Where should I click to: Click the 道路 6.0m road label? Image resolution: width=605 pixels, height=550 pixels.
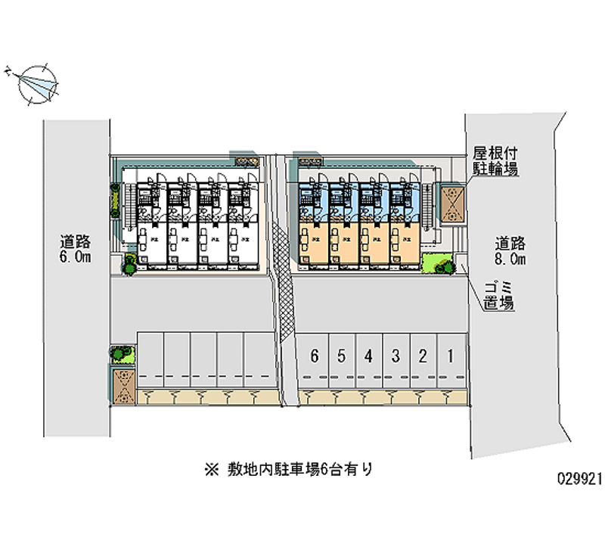click(x=76, y=250)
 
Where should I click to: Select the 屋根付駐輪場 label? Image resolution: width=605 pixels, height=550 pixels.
click(x=495, y=161)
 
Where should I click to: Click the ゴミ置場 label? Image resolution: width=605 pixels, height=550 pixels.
click(x=499, y=297)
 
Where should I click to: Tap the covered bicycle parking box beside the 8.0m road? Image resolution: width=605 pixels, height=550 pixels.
click(x=453, y=204)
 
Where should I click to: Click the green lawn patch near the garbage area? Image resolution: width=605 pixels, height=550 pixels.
click(x=435, y=263)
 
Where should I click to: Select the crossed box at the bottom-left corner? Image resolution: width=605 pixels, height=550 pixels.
click(x=122, y=384)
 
